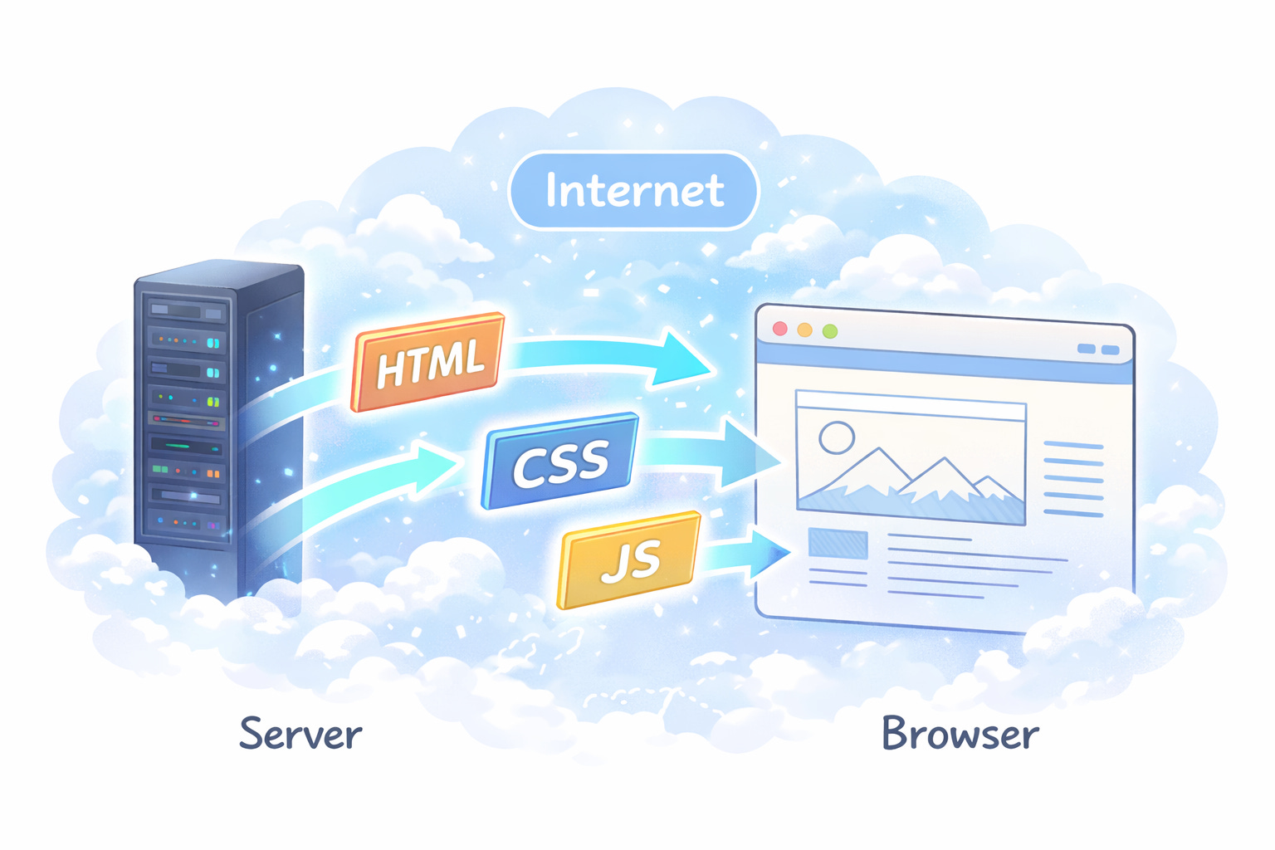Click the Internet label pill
[x=633, y=190]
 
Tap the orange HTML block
[x=427, y=362]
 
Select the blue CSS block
[x=560, y=460]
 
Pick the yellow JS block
[x=629, y=560]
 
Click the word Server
[x=300, y=733]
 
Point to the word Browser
[x=960, y=733]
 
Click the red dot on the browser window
[x=779, y=329]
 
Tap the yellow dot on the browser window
[x=805, y=330]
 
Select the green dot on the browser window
[x=830, y=330]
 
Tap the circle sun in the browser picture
[x=837, y=437]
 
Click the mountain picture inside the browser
[x=911, y=457]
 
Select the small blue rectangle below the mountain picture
[x=838, y=543]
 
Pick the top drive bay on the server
[x=186, y=311]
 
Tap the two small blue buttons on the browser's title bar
[x=1098, y=349]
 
